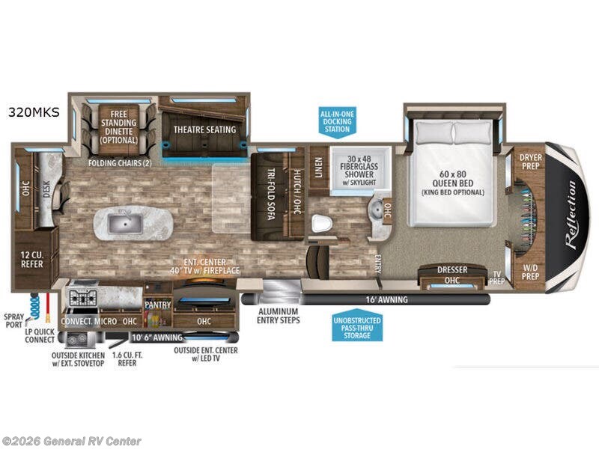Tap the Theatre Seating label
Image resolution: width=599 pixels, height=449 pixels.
[x=204, y=129]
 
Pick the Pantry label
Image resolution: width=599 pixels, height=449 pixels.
[x=158, y=305]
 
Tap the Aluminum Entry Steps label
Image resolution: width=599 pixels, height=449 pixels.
[x=278, y=316]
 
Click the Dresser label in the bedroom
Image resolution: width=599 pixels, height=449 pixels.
[x=452, y=270]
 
